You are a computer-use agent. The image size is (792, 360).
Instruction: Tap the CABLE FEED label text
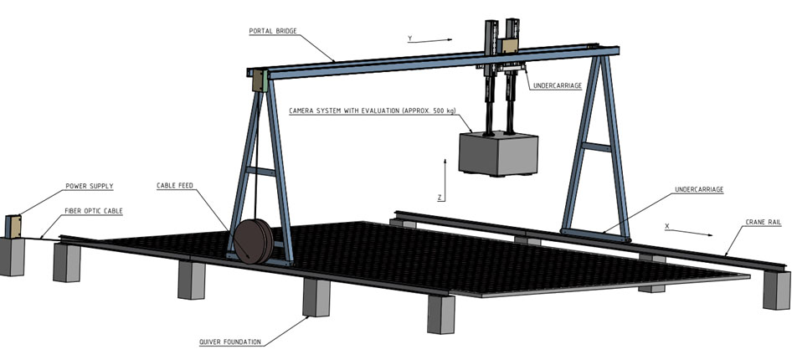click(x=177, y=185)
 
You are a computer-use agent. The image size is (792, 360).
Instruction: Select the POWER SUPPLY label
click(x=90, y=186)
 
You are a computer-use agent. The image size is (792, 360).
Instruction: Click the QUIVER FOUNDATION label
click(x=230, y=341)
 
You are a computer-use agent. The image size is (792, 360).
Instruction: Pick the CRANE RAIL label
click(x=763, y=222)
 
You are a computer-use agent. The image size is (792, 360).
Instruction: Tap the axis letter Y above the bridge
click(x=409, y=39)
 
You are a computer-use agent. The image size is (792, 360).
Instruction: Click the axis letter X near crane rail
click(x=666, y=226)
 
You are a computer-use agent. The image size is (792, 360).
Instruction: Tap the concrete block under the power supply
click(x=12, y=255)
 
